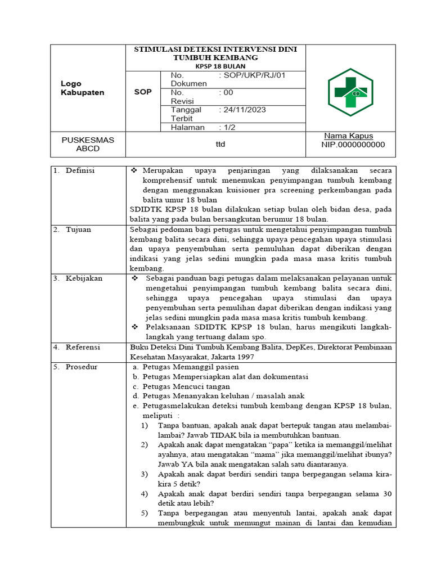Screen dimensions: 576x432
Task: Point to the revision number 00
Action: (x=228, y=93)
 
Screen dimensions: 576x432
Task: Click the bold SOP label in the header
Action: (x=143, y=92)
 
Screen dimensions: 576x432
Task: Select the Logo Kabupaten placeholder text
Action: (x=82, y=88)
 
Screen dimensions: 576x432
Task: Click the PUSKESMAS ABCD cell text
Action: (x=88, y=144)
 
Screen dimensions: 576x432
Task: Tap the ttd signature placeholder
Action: (x=220, y=145)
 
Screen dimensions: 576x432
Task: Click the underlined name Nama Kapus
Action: (x=348, y=136)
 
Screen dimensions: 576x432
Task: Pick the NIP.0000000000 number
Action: (x=353, y=145)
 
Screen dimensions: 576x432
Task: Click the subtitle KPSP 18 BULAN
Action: (x=217, y=66)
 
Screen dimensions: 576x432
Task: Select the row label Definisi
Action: (x=80, y=170)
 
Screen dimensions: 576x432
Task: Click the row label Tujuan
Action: (x=78, y=229)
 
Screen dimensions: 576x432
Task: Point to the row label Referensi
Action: (x=83, y=347)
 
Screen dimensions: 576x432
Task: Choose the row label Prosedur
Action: (x=82, y=367)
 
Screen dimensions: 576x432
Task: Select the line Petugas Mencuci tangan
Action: (x=186, y=386)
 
